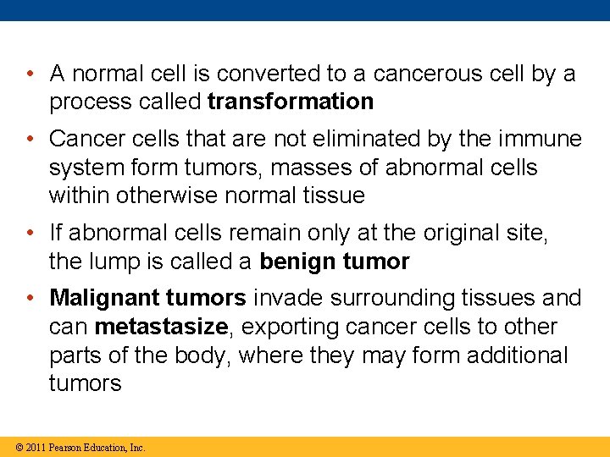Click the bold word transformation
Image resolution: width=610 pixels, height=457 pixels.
(291, 102)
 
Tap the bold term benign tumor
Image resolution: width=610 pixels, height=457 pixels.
(335, 262)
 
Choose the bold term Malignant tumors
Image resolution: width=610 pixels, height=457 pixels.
(148, 298)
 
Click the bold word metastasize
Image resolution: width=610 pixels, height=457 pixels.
(162, 327)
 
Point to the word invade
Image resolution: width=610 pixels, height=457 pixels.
(291, 298)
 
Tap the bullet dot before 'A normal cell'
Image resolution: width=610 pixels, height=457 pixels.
(30, 74)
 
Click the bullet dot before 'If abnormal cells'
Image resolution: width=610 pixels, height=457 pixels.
(30, 233)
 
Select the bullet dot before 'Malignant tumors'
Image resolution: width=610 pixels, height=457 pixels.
(30, 298)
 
